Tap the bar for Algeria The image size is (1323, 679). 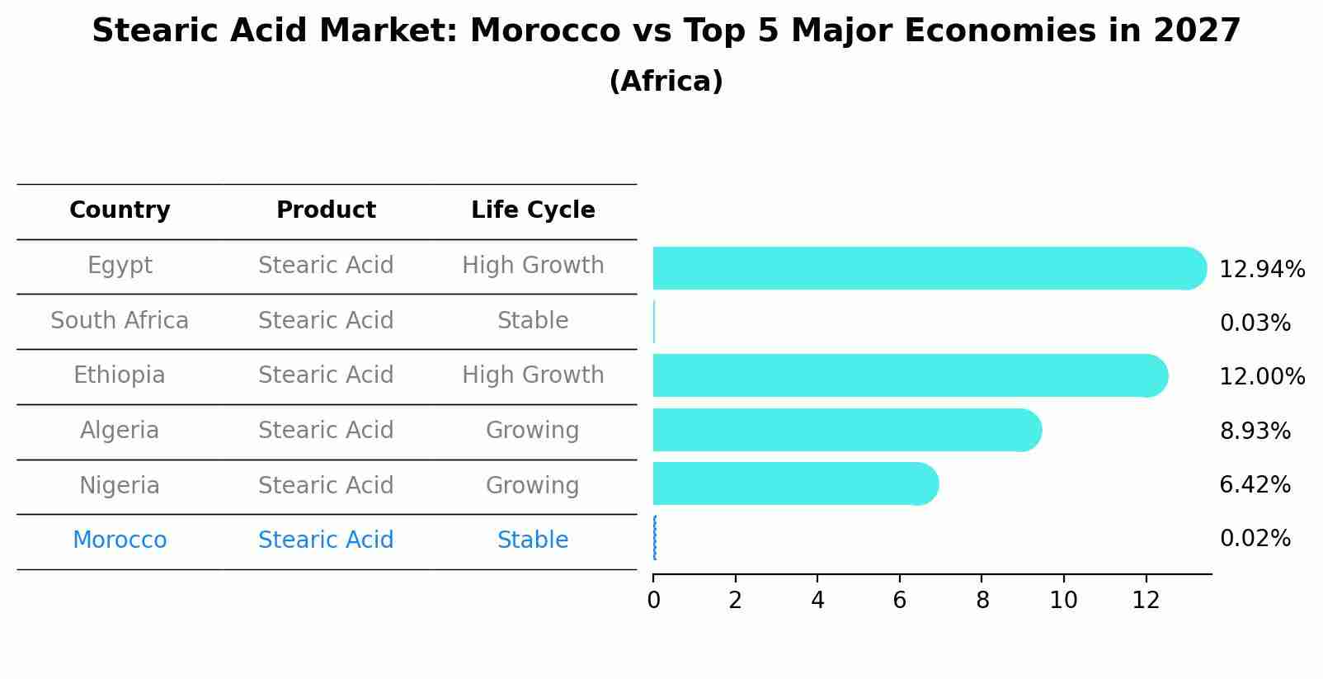[x=846, y=430]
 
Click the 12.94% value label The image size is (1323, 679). [x=1262, y=270]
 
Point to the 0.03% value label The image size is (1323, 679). [x=1255, y=323]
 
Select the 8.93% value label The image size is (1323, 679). [x=1255, y=431]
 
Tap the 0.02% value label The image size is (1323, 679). [x=1255, y=539]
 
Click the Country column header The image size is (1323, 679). [x=120, y=210]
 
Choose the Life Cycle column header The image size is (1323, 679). [x=533, y=210]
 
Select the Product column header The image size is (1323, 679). [x=326, y=210]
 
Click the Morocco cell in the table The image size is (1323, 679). [x=120, y=540]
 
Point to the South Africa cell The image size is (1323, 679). [x=120, y=320]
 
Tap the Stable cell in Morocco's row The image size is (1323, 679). [x=533, y=540]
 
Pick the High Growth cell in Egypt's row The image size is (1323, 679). [x=533, y=266]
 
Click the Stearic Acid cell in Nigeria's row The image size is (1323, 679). [x=326, y=485]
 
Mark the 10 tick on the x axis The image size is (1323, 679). [x=1063, y=601]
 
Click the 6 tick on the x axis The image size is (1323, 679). [x=899, y=601]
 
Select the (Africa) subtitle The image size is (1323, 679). [x=666, y=82]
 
